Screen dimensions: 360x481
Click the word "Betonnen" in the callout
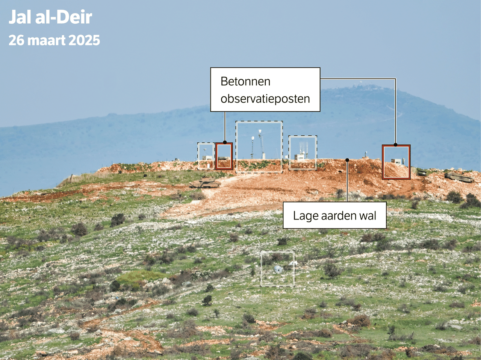click(245, 82)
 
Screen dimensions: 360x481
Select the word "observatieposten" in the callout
click(265, 99)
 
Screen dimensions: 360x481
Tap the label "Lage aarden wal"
click(334, 216)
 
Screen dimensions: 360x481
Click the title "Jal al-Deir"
click(50, 17)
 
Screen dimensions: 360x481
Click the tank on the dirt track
click(205, 183)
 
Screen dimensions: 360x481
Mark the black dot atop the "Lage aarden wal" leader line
click(347, 160)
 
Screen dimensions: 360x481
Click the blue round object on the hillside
click(278, 269)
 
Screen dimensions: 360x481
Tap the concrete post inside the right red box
click(396, 162)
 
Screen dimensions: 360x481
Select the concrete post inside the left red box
click(223, 158)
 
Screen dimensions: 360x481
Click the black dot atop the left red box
click(225, 142)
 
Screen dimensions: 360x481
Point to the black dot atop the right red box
click(396, 145)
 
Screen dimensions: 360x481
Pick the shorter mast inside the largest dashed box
click(253, 147)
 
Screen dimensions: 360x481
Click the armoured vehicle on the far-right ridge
click(458, 177)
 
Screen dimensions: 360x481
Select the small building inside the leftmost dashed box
click(206, 157)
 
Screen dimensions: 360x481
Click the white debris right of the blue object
click(292, 263)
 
